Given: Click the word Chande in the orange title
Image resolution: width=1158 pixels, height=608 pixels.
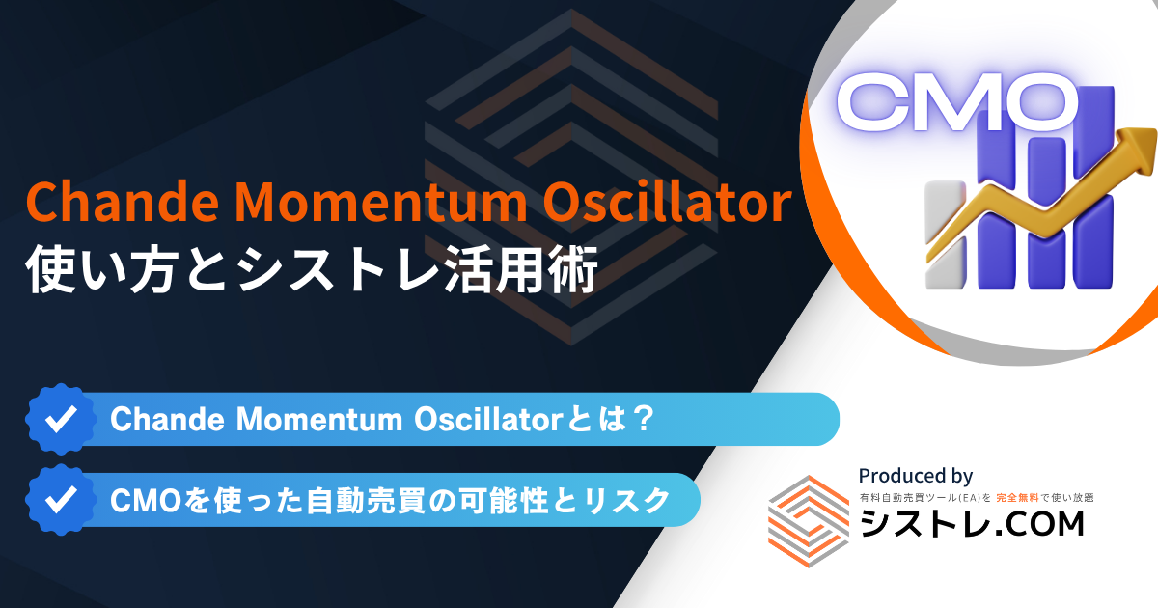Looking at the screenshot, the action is click(x=123, y=201).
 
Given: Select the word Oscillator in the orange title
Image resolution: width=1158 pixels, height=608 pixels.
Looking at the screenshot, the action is click(x=667, y=201).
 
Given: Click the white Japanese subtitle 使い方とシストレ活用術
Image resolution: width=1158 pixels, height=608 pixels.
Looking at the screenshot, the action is click(x=312, y=269).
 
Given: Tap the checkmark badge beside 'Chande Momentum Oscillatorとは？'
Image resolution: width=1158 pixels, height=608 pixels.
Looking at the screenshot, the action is click(x=61, y=419).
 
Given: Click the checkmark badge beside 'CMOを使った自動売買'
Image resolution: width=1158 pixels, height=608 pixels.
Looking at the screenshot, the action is click(x=61, y=500).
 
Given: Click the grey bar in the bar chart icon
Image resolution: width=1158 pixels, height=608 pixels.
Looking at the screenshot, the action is click(x=946, y=235).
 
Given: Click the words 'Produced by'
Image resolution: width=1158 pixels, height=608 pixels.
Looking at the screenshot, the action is click(x=916, y=475).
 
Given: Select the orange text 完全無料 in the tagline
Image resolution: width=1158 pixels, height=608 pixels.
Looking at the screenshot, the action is click(x=1017, y=497).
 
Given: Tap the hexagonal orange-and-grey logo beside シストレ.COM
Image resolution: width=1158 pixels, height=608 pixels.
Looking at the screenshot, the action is click(x=809, y=521).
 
